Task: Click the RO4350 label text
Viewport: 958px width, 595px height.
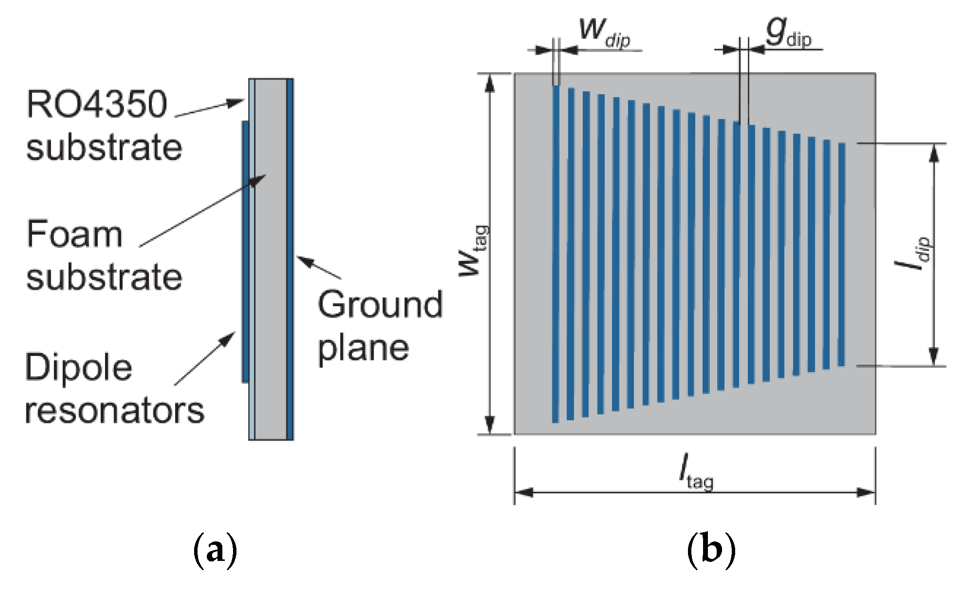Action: (x=97, y=104)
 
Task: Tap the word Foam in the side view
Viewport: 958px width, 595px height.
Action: (x=74, y=234)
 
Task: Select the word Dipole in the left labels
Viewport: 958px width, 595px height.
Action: (x=78, y=367)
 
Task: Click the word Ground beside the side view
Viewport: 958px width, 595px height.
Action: (x=380, y=305)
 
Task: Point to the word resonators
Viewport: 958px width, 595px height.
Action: (x=114, y=410)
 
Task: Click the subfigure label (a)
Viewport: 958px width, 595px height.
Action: (x=215, y=551)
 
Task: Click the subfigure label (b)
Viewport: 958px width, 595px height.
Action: (x=711, y=551)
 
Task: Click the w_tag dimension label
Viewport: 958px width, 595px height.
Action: (x=473, y=251)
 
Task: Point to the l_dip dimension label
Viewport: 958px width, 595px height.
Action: (x=913, y=253)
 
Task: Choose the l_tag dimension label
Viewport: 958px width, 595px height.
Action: (x=696, y=472)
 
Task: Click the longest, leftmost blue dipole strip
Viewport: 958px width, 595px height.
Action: (x=556, y=253)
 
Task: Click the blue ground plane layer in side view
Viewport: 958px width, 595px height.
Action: (x=289, y=258)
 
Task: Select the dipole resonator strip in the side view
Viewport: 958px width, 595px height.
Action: (x=245, y=251)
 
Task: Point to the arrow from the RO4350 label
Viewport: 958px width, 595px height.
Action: (x=209, y=109)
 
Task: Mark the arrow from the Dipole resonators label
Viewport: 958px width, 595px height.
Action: (x=204, y=358)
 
